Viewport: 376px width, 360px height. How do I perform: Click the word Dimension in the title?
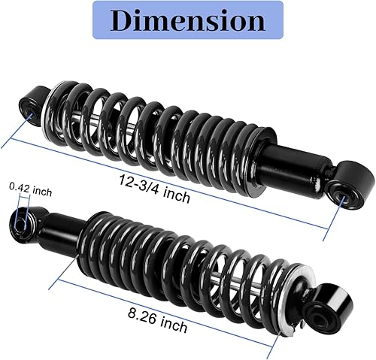coord(187,21)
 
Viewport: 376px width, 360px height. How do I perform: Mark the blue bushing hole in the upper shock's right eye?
coord(345,198)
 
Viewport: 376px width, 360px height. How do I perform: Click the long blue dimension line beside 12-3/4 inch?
coord(226,195)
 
